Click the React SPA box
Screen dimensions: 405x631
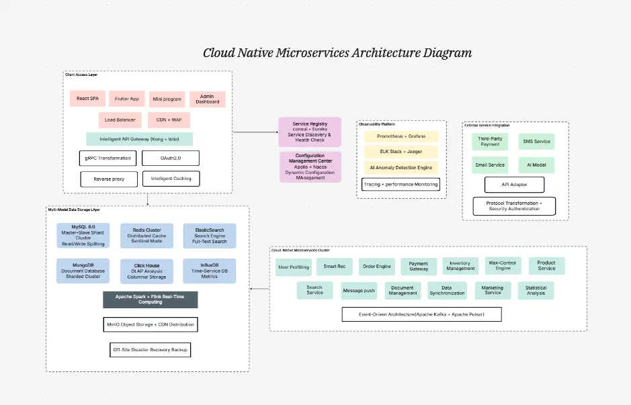(x=87, y=99)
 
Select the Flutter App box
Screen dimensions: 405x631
(x=127, y=99)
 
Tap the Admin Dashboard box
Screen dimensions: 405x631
(x=208, y=99)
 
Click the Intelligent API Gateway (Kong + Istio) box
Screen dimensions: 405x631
(x=139, y=139)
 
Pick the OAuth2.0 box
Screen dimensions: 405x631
(x=171, y=158)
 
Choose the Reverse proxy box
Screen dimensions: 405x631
(x=109, y=179)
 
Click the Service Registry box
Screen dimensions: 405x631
(x=310, y=132)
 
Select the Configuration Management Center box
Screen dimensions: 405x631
(x=310, y=167)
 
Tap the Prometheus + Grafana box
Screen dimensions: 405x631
(x=401, y=136)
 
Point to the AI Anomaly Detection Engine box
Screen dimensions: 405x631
(x=401, y=167)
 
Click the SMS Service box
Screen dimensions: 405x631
(x=536, y=141)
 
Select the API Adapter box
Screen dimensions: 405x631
(x=514, y=184)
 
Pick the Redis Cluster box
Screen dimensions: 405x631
(x=148, y=236)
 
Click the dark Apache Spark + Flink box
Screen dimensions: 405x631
(x=151, y=300)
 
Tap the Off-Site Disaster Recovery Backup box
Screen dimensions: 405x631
(x=151, y=350)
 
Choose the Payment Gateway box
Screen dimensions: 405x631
(x=418, y=267)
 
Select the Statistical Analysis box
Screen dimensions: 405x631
(x=536, y=290)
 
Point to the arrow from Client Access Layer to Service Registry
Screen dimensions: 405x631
(x=255, y=132)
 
